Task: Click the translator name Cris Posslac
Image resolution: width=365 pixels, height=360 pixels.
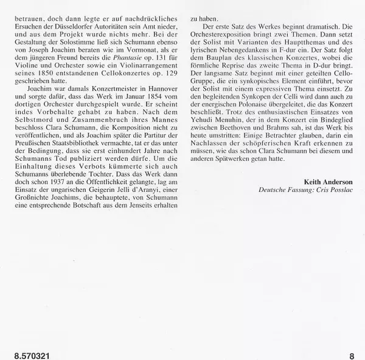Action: coord(339,191)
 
